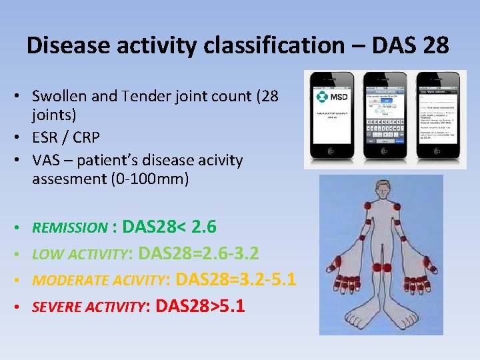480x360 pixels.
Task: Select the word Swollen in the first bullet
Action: coord(59,96)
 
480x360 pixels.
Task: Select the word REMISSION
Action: coord(70,228)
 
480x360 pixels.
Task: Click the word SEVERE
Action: coord(55,307)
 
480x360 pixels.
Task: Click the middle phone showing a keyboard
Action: coord(385,117)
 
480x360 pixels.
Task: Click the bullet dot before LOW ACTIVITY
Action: coord(24,254)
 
